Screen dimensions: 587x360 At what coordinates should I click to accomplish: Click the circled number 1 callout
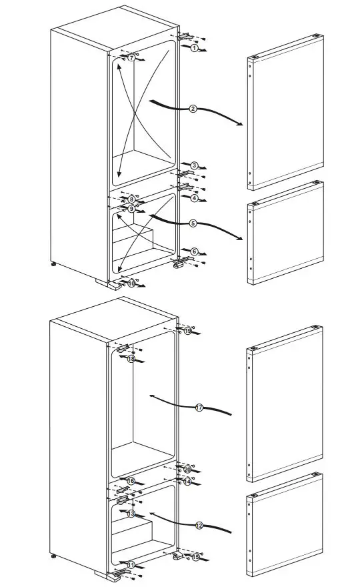194,49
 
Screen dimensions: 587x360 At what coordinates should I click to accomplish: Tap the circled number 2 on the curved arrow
193,109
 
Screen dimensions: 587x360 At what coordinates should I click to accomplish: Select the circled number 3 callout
194,165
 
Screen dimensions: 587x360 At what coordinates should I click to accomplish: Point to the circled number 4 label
194,198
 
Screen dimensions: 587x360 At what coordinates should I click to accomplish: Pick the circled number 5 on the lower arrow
192,223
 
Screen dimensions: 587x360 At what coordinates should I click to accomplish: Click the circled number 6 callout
194,251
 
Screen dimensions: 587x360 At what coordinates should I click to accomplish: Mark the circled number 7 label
131,59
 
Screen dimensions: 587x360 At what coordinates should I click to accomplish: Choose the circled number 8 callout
132,199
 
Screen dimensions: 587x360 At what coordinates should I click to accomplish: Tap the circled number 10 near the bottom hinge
131,283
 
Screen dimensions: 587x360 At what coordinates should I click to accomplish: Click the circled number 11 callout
131,565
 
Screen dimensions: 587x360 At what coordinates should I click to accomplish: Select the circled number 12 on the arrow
199,526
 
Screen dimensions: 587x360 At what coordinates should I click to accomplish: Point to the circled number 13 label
131,514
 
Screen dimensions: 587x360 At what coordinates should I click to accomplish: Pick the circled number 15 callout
196,556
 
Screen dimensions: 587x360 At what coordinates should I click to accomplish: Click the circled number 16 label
131,481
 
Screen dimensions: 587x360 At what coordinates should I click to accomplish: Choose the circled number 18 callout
131,359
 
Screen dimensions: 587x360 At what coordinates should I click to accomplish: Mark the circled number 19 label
188,331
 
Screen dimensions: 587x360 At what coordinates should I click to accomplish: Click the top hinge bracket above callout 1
186,38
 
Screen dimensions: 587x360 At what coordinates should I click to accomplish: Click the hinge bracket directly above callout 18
124,348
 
